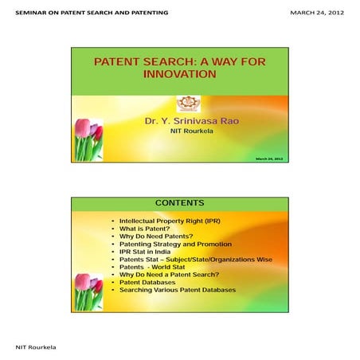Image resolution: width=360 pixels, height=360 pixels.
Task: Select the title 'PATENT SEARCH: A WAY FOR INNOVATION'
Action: coord(179,67)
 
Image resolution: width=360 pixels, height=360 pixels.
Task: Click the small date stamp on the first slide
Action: coord(269,159)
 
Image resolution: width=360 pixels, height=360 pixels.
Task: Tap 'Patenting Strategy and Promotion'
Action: coord(175,244)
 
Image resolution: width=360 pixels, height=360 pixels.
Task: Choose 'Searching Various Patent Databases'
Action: coord(178,291)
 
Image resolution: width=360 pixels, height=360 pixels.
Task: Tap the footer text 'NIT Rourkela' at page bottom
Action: coord(36,349)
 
